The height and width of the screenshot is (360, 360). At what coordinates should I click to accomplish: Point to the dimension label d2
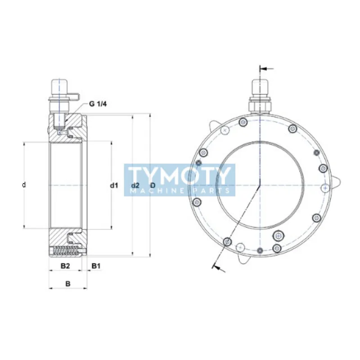tap(135, 185)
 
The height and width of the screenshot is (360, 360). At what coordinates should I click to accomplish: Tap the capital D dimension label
tap(153, 185)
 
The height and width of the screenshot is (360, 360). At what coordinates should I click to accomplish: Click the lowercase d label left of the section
tap(24, 185)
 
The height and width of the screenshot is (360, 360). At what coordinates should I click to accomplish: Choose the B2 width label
tap(65, 266)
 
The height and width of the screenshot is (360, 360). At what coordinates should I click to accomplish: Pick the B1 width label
tap(96, 266)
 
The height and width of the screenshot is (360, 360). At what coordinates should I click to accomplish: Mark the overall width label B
tap(68, 283)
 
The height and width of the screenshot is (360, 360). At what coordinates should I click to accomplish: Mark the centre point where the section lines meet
tap(260, 185)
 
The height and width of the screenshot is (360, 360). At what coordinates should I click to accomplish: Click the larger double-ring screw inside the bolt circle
tap(279, 236)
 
